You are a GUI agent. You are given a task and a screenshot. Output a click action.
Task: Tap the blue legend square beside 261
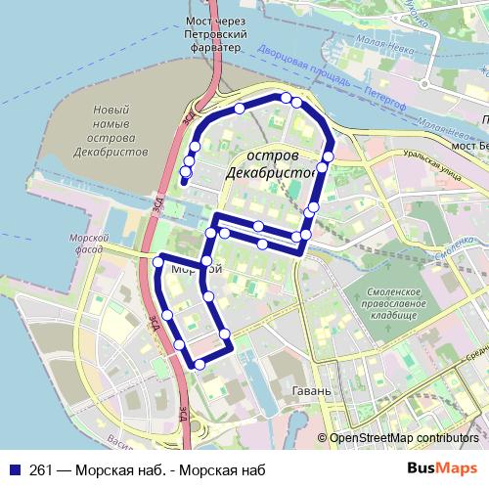point(13,468)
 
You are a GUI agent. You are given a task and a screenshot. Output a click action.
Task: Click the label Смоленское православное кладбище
point(395,303)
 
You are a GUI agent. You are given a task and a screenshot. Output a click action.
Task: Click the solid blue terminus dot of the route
point(184,182)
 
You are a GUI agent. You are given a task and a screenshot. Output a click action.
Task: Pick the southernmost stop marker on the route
point(200,364)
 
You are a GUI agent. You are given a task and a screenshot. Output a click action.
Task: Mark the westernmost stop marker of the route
point(158,261)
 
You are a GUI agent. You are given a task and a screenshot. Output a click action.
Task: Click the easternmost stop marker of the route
point(329,156)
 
